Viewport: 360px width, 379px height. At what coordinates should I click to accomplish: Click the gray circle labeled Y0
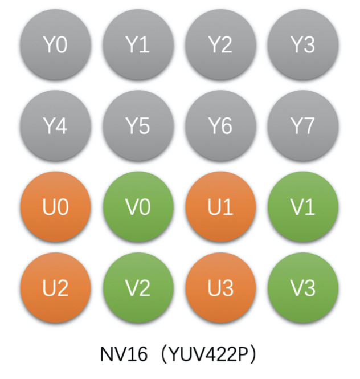tap(55, 45)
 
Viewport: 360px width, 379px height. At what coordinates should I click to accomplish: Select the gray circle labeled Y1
tap(138, 45)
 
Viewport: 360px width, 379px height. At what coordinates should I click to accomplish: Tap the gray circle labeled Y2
tap(220, 45)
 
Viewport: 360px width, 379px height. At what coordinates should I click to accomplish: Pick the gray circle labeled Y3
tap(303, 45)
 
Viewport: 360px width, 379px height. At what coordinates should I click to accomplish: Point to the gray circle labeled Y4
tap(55, 126)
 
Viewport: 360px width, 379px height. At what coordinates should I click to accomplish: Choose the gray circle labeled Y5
tap(138, 126)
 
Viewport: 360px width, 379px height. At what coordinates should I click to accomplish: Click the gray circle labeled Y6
tap(220, 126)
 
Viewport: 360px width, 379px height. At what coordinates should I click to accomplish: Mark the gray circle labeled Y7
tap(303, 126)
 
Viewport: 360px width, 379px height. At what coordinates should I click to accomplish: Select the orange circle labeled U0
tap(55, 207)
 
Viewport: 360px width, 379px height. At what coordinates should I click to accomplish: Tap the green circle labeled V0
tap(138, 207)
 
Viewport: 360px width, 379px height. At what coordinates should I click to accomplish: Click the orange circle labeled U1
tap(220, 207)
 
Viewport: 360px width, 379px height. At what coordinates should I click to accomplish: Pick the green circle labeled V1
tap(303, 207)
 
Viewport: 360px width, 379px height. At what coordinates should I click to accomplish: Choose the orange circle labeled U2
tap(55, 288)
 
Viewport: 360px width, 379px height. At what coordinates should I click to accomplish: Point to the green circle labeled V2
tap(138, 288)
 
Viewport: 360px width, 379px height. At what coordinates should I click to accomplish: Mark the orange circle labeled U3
tap(220, 288)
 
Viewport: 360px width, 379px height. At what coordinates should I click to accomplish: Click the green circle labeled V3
tap(303, 288)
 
